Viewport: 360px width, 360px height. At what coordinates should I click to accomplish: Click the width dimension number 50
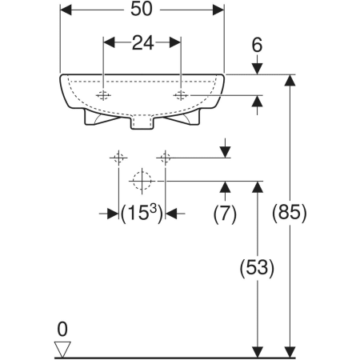coord(142,9)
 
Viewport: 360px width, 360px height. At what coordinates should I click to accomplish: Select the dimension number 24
coord(142,43)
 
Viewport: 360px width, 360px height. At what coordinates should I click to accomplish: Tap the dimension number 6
coord(257,45)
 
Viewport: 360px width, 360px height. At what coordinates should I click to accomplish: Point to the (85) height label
coord(290,213)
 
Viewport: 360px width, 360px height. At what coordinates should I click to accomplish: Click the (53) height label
coord(257,268)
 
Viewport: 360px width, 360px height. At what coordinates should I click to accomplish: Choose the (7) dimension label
coord(225,214)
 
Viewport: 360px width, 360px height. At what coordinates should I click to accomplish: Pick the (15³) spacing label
coord(142,214)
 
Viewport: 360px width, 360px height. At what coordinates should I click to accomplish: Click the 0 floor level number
coord(62,329)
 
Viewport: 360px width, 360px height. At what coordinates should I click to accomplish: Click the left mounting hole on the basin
coord(103,95)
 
